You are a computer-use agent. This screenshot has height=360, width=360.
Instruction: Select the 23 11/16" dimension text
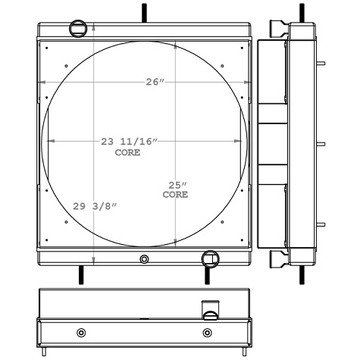[x=128, y=142]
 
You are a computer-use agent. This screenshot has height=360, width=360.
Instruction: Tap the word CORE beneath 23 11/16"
[x=127, y=152]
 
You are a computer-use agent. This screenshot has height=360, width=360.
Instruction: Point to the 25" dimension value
[x=177, y=186]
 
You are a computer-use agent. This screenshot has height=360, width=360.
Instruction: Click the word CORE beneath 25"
[x=175, y=196]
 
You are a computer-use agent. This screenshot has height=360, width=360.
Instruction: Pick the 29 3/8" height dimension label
[x=95, y=206]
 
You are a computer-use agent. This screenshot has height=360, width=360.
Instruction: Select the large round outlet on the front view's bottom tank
[x=210, y=259]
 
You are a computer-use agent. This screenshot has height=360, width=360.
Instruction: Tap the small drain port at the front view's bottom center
[x=145, y=259]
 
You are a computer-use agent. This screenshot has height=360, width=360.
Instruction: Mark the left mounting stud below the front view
[x=80, y=274]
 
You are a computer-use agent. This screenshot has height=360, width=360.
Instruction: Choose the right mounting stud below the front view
[x=207, y=274]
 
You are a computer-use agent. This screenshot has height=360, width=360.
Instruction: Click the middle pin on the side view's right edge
[x=321, y=143]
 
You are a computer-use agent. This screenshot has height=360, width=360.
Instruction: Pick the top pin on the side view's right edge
[x=321, y=63]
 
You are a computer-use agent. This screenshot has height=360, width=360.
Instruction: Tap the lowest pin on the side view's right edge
[x=321, y=223]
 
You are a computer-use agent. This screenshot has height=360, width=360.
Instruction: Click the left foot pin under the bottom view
[x=46, y=351]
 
